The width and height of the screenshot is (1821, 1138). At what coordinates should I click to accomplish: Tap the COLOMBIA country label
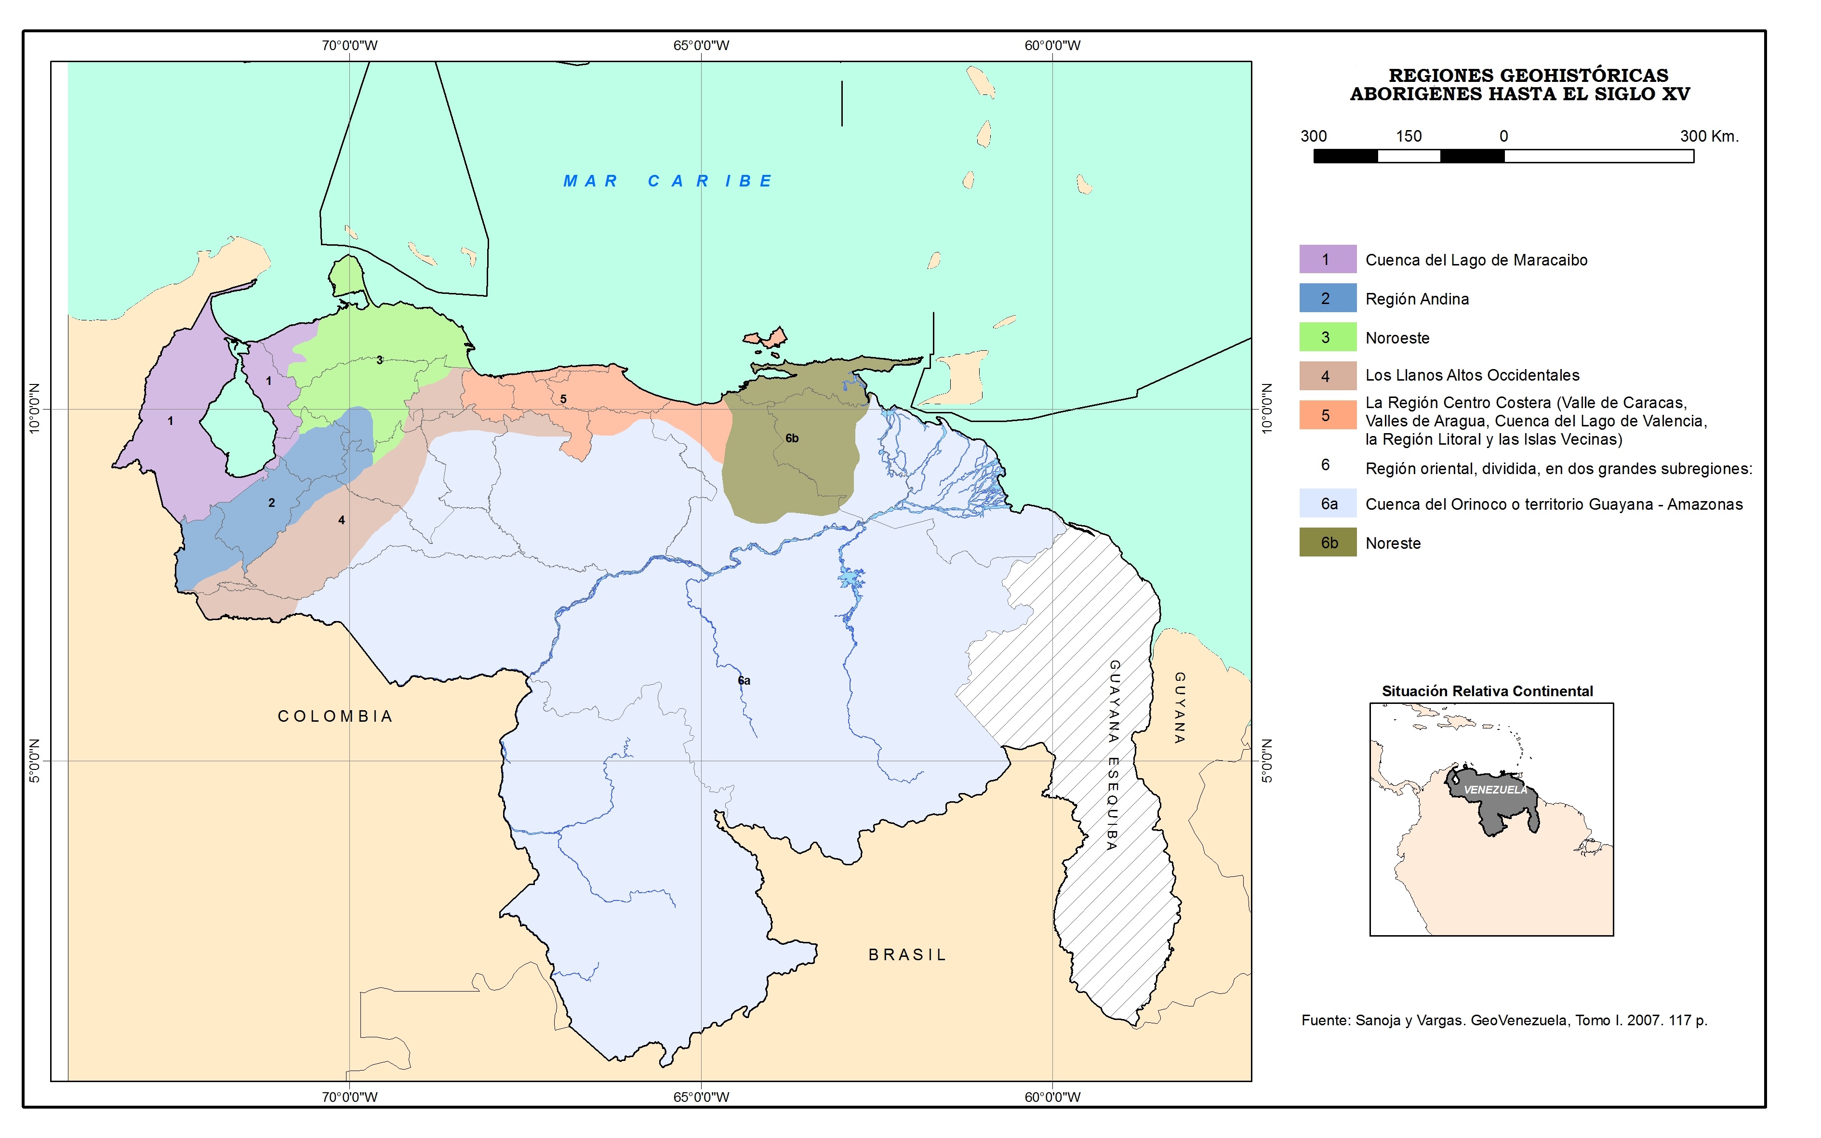click(x=336, y=716)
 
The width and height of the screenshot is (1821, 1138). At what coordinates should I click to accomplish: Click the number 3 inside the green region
click(x=379, y=360)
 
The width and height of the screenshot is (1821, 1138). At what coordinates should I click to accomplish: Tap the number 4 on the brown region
click(x=342, y=520)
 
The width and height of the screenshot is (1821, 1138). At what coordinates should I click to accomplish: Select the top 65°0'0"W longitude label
click(x=701, y=45)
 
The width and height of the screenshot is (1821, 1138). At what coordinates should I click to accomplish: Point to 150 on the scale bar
click(x=1409, y=136)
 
